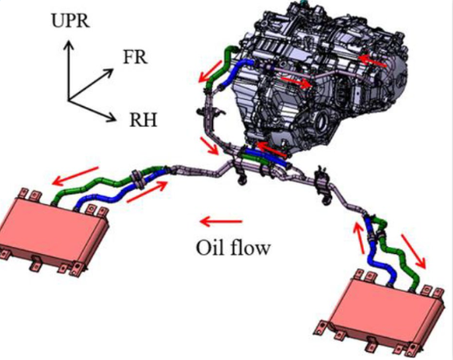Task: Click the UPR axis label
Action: [x=70, y=20]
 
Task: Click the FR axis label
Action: [x=135, y=57]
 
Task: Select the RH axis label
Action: [x=143, y=120]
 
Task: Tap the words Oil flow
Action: [x=233, y=248]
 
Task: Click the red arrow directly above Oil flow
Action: [x=221, y=222]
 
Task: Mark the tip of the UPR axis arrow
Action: [x=69, y=41]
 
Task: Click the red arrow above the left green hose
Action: [x=75, y=176]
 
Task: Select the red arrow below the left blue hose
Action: [x=147, y=191]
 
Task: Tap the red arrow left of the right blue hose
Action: [x=360, y=238]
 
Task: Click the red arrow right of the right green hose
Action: [x=413, y=251]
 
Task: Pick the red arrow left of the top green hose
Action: [x=209, y=72]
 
